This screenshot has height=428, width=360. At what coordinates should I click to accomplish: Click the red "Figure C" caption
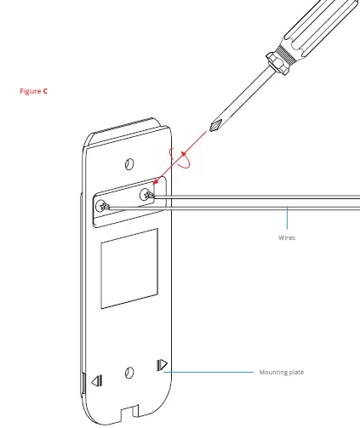[x=35, y=90]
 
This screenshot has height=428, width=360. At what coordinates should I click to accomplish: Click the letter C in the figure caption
[x=45, y=90]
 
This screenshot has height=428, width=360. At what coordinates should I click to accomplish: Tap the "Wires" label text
[x=286, y=238]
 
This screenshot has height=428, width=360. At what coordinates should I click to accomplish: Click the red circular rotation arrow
[x=182, y=157]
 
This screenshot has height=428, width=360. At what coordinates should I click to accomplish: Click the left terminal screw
[x=103, y=205]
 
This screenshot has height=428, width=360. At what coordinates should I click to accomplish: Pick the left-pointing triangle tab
[x=96, y=381]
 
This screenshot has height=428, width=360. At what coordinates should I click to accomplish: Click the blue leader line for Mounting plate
[x=213, y=372]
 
